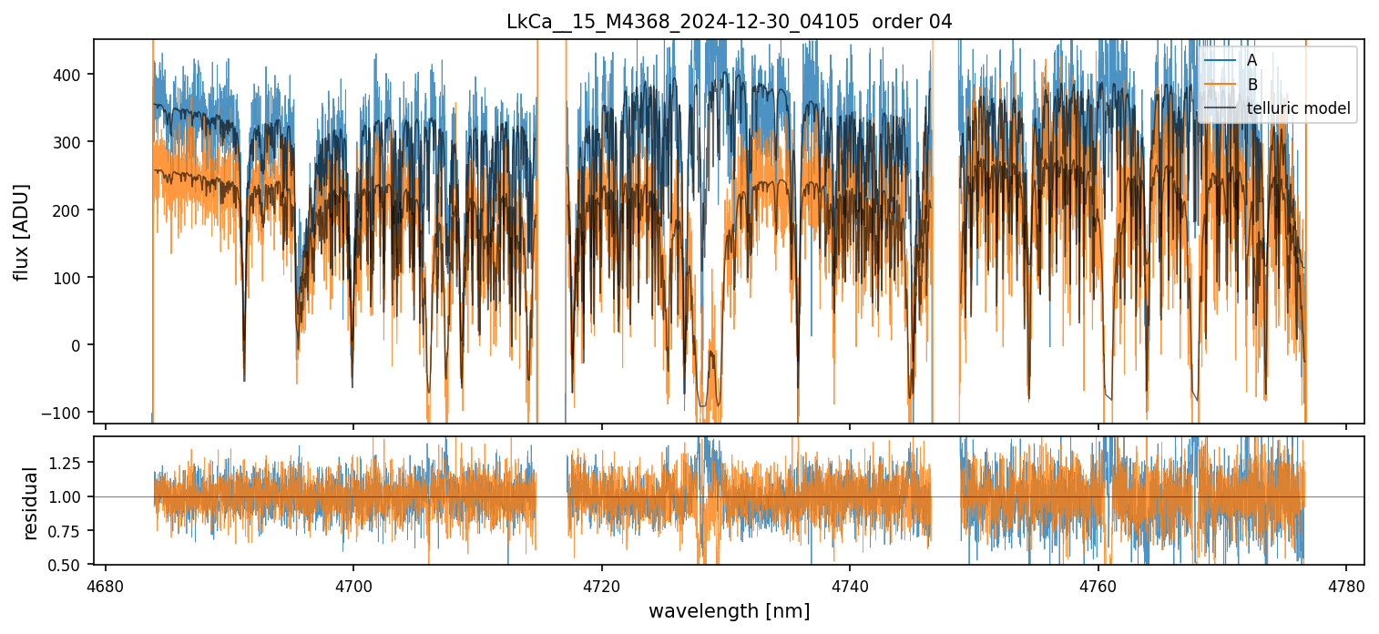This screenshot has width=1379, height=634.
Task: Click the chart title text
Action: [x=729, y=22]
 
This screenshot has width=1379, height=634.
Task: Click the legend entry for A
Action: [x=1251, y=60]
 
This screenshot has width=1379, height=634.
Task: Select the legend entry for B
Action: [x=1251, y=85]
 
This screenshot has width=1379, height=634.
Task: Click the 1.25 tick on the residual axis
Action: [x=68, y=463]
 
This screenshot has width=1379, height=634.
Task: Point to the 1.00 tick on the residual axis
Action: [x=68, y=496]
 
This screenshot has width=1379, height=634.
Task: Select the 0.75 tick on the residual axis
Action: [x=68, y=531]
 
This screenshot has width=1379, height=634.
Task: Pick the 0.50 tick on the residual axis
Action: [x=68, y=565]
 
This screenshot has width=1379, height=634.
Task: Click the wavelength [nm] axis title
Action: [x=729, y=611]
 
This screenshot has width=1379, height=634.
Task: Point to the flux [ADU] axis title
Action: [x=22, y=231]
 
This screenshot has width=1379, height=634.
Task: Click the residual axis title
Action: [x=31, y=503]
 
